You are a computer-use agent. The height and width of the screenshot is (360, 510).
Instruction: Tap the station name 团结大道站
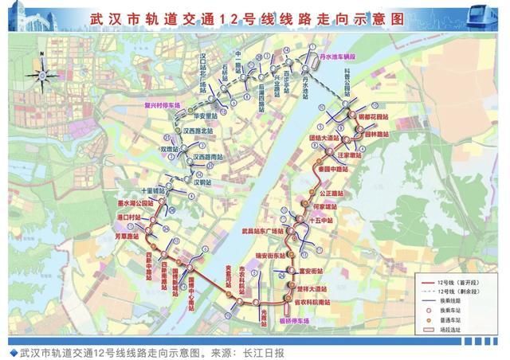324,138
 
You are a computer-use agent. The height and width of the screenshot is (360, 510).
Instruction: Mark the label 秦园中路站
334,170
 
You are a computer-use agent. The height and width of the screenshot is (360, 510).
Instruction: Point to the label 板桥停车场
294,321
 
